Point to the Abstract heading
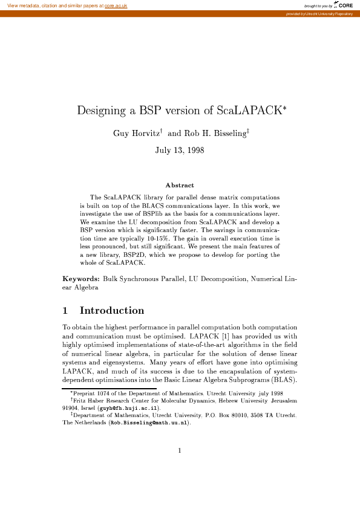(179, 185)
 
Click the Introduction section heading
(112, 311)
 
